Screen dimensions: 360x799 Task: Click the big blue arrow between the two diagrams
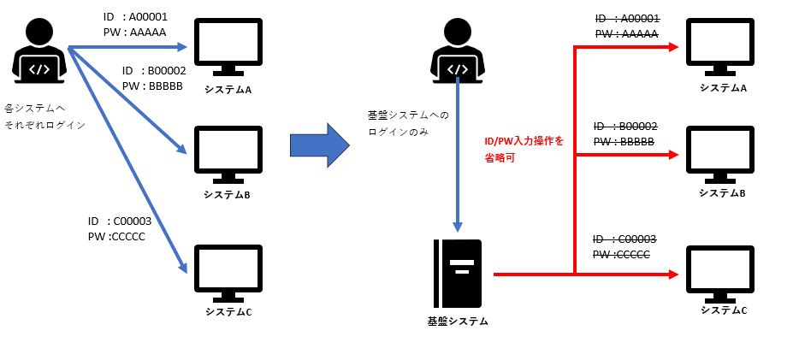tap(319, 145)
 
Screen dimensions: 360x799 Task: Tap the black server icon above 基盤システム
tap(458, 274)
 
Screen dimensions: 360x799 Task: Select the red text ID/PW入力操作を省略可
tap(524, 149)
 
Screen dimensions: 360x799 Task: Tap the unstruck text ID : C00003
tap(120, 221)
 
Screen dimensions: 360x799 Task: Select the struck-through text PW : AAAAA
tap(627, 34)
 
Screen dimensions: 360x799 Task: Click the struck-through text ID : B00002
tap(625, 127)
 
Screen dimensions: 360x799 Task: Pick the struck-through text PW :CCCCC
tap(622, 255)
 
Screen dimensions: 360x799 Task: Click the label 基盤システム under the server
tap(458, 322)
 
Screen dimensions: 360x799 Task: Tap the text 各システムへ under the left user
tap(35, 109)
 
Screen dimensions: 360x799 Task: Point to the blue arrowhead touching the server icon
tap(458, 227)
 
